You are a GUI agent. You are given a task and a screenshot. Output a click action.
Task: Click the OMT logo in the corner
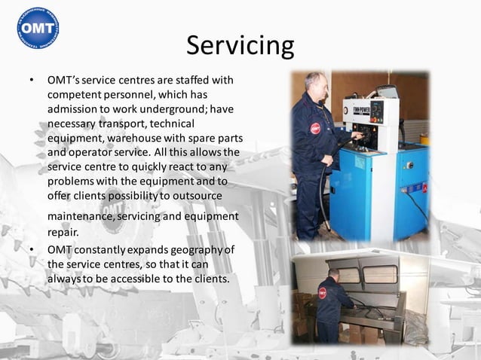coord(37,28)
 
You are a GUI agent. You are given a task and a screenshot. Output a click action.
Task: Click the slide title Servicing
coord(240,45)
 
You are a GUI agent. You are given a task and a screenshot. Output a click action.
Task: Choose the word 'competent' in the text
coord(75,93)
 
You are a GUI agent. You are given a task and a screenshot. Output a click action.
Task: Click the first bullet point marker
coord(32,79)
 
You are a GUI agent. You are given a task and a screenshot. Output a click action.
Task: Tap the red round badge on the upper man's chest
coord(315,127)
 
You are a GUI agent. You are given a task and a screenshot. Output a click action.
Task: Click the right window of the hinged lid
coord(380,274)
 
